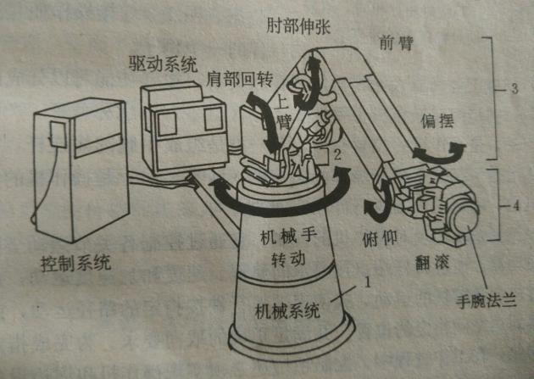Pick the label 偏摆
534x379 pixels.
(438, 122)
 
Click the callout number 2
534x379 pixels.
(337, 154)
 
